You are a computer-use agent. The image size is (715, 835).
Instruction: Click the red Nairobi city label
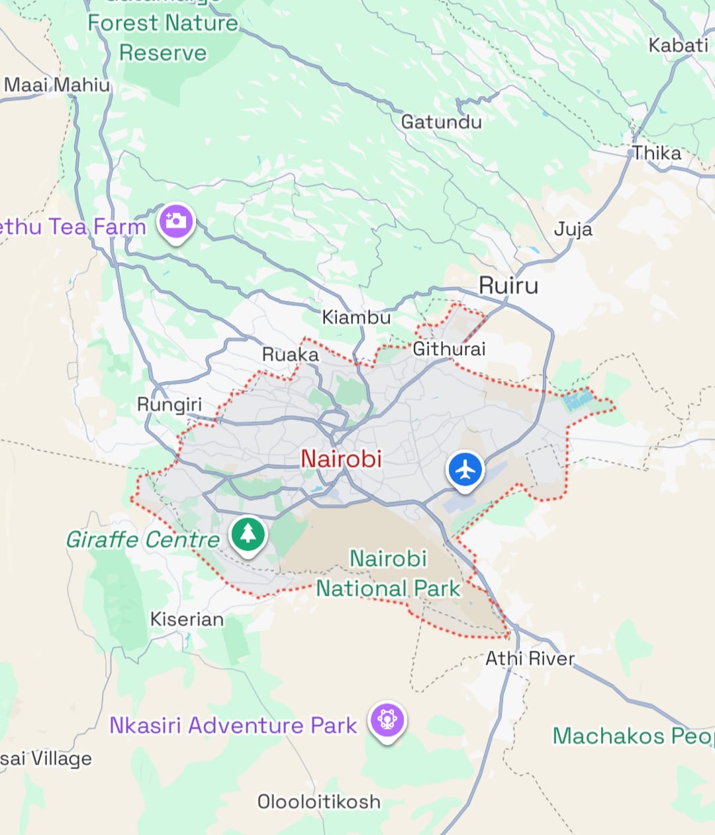341,459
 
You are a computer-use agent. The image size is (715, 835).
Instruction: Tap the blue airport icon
466,470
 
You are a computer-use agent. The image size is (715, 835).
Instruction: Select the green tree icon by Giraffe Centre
248,533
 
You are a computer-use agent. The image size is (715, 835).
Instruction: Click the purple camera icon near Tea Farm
175,221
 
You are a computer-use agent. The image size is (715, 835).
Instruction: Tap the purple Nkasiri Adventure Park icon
387,719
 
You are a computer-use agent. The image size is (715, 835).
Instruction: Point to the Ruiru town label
508,286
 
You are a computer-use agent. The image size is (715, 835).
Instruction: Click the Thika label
657,153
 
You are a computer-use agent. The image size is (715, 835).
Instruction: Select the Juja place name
573,229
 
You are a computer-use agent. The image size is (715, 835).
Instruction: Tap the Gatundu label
442,122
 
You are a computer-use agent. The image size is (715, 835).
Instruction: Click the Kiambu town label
356,317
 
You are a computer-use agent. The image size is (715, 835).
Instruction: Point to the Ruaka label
291,355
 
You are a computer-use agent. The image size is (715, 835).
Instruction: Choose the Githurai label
450,349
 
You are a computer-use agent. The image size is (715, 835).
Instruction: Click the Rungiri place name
169,404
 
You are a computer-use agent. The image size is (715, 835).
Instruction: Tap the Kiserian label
187,619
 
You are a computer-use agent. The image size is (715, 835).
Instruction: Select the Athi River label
530,658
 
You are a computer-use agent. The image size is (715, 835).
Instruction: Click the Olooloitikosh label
319,801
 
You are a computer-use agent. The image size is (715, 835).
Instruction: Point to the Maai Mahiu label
57,85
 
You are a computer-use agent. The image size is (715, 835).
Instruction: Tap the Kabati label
678,46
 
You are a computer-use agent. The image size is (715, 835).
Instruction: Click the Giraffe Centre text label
142,539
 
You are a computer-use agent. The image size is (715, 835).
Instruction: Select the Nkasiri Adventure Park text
233,725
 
